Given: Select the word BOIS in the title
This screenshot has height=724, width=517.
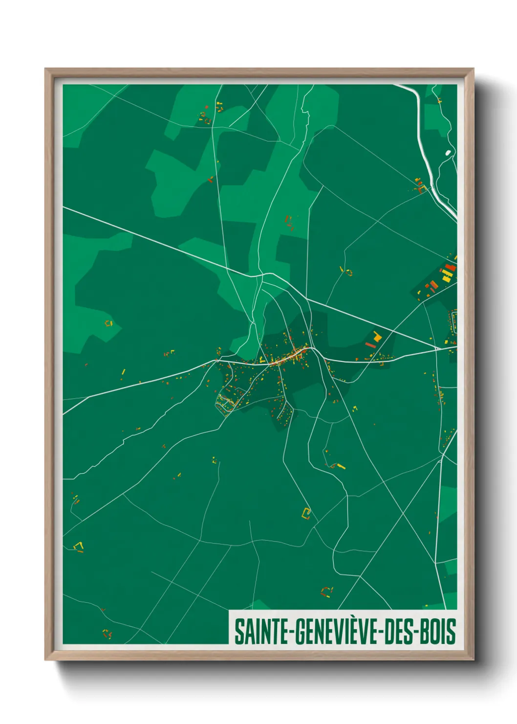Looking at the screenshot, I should pyautogui.click(x=438, y=632).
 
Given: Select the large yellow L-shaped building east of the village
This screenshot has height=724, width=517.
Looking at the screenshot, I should pyautogui.click(x=377, y=336).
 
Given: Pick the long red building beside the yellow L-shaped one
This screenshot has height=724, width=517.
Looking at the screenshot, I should pyautogui.click(x=370, y=345).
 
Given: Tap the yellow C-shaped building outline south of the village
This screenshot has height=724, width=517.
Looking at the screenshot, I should pyautogui.click(x=306, y=513).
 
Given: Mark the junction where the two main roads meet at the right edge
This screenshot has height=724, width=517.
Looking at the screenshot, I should pyautogui.click(x=440, y=349).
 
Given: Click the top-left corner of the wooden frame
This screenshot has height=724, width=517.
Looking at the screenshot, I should pyautogui.click(x=46, y=69).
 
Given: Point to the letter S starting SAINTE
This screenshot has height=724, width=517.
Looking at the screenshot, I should pyautogui.click(x=239, y=632).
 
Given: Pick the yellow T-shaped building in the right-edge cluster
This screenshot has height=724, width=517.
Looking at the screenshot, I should pyautogui.click(x=446, y=277).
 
